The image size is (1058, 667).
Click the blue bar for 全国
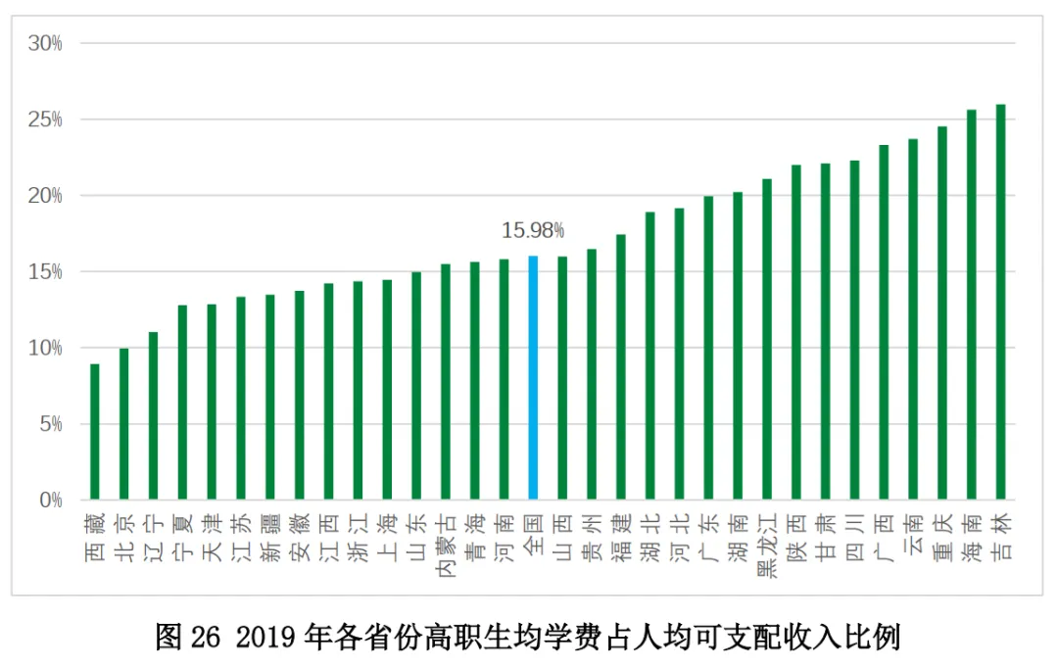pos(533,378)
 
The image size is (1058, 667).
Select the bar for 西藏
pos(95,432)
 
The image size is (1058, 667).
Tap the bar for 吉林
pos(1000,303)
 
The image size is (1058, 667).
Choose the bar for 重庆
pos(942,313)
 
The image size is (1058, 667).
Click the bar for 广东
pos(708,349)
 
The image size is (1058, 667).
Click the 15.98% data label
pos(533,231)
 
